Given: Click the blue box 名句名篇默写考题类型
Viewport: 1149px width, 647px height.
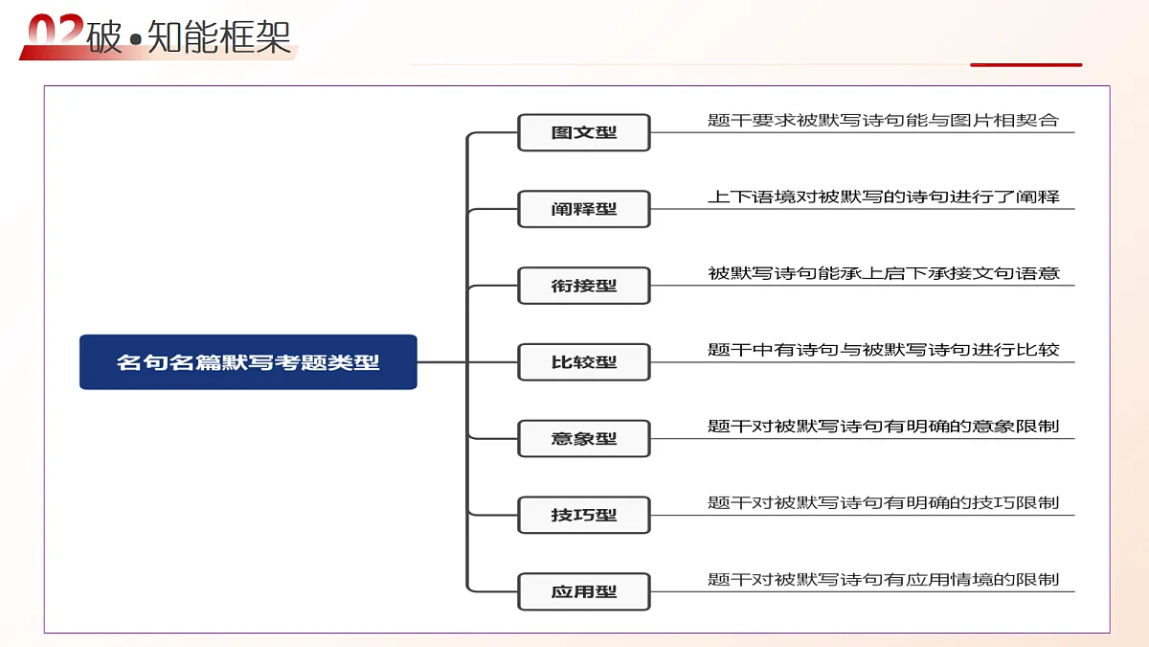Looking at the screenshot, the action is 248,362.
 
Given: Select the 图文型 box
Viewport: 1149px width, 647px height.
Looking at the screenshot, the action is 584,132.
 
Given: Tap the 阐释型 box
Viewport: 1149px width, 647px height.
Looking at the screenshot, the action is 584,209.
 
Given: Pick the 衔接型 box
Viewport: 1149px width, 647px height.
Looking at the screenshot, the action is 584,286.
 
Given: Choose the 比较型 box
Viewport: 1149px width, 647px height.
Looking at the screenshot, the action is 584,362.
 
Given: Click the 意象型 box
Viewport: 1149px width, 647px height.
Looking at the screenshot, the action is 584,439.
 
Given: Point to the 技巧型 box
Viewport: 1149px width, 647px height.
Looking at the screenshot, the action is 584,515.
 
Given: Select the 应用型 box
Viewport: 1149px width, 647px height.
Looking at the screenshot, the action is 584,591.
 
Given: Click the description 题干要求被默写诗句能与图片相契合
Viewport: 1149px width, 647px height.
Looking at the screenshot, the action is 883,120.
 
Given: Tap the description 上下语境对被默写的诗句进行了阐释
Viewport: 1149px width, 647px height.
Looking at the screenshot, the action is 883,196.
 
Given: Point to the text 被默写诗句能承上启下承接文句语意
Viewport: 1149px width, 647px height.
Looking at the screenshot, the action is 883,273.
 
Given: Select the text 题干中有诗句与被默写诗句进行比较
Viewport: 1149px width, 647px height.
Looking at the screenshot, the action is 883,350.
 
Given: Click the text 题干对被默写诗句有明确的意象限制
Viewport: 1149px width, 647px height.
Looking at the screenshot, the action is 883,427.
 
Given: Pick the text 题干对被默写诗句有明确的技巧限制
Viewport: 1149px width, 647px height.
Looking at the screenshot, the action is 883,502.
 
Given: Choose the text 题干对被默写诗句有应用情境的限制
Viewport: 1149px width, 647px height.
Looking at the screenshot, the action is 883,579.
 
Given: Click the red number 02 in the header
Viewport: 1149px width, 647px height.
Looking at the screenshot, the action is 56,31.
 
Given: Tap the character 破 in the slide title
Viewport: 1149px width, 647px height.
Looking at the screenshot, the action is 104,37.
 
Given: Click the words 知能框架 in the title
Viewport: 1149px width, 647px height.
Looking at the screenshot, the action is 219,37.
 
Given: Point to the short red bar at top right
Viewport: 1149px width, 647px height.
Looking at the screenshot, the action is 1025,65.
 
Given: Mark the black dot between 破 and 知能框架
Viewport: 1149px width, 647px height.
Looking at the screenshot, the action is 135,39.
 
